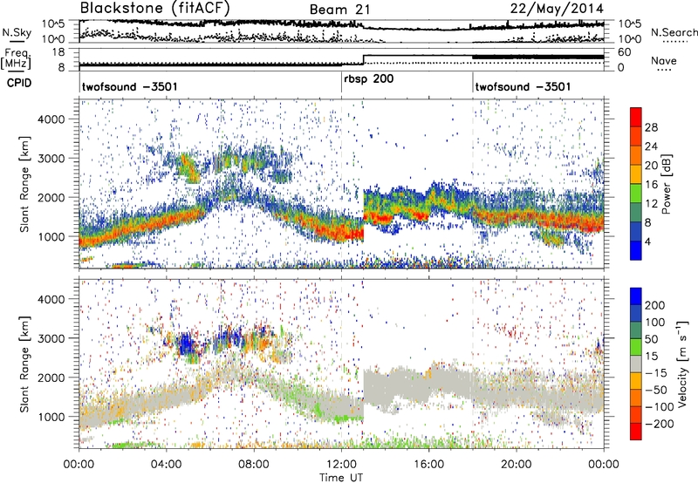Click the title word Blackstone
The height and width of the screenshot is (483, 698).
coord(123,9)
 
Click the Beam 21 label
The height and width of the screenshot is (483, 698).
coord(339,10)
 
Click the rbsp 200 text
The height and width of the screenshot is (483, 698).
coord(371,79)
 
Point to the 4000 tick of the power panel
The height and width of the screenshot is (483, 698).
coord(59,118)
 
